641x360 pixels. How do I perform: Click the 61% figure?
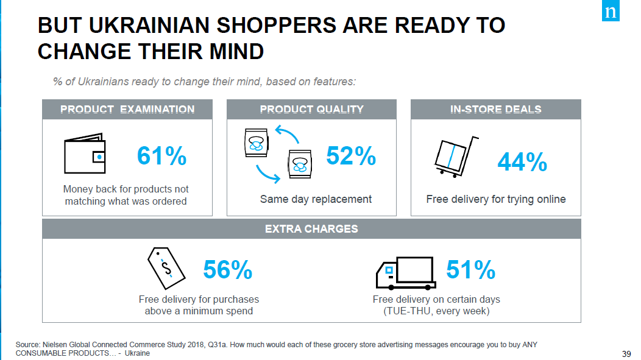click(161, 157)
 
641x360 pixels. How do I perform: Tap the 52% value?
click(351, 157)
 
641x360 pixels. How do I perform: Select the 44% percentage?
click(522, 162)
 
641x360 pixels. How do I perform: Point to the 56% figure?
click(227, 270)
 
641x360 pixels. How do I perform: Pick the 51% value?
click(470, 270)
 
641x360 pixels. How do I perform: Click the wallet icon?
click(85, 154)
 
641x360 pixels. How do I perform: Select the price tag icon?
click(165, 266)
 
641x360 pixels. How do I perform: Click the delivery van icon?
click(405, 273)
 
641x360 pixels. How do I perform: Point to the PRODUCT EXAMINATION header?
click(127, 110)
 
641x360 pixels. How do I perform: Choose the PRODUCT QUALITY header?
click(311, 110)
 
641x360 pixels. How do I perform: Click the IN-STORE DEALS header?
click(495, 110)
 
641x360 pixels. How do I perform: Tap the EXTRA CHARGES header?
click(311, 229)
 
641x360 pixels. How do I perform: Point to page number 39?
click(626, 354)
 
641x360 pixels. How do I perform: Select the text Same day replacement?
click(316, 199)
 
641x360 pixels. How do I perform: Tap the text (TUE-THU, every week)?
click(436, 311)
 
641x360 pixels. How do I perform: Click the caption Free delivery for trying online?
click(495, 199)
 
